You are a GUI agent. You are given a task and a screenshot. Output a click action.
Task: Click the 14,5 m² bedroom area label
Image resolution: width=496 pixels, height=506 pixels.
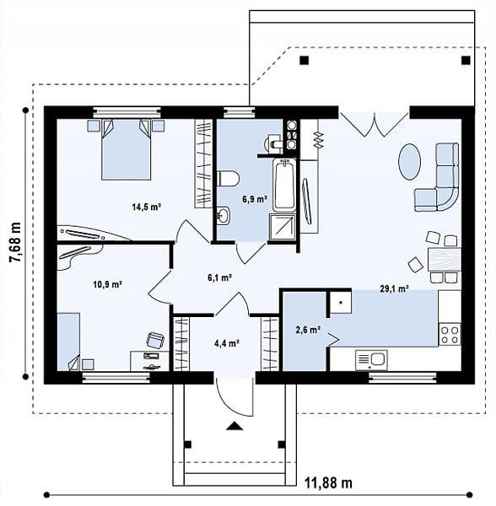146,207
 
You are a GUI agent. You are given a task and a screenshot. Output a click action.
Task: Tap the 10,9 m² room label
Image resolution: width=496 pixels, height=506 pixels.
107,284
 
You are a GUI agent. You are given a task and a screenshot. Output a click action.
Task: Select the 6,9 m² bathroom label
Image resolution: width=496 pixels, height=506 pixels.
255,199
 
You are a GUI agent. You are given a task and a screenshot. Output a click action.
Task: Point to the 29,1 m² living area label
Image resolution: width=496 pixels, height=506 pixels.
394,288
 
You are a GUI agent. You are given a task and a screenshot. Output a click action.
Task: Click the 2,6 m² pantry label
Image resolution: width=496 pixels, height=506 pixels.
308,330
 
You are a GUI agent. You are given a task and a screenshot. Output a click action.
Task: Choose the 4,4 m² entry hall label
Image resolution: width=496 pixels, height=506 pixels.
227,343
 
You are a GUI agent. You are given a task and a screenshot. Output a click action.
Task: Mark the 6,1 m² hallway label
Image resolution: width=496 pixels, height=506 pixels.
220,277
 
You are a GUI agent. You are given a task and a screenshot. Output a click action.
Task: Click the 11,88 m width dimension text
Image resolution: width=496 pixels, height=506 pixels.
328,483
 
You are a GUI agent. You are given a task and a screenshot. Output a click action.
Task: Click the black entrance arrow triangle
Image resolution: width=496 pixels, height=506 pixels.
235,426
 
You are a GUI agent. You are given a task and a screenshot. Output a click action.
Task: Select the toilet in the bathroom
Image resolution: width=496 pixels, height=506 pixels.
228,179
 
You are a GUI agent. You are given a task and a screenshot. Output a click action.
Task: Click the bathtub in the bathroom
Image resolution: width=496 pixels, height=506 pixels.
284,185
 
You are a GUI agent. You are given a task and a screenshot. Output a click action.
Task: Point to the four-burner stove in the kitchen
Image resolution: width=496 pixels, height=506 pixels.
450,334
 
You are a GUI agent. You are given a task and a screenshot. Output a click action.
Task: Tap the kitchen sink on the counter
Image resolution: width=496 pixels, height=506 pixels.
371,360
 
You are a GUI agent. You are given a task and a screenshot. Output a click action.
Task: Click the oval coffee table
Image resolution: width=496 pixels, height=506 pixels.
409,162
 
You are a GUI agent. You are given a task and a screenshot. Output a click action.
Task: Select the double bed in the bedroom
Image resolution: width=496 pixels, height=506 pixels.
127,149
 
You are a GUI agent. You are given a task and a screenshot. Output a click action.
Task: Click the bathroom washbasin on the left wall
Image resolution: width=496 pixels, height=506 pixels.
223,215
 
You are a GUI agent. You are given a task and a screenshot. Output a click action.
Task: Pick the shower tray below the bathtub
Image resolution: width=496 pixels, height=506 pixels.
283,227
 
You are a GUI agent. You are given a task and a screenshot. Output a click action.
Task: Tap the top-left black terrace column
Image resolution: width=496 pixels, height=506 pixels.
304,61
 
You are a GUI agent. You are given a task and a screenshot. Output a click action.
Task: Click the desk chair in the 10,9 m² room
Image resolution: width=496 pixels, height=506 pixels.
155,341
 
